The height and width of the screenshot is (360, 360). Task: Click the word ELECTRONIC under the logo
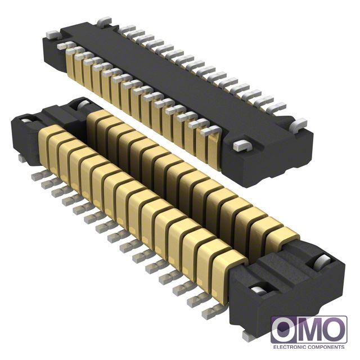pos(290,347)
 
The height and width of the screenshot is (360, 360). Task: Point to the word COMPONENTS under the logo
pos(326,347)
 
